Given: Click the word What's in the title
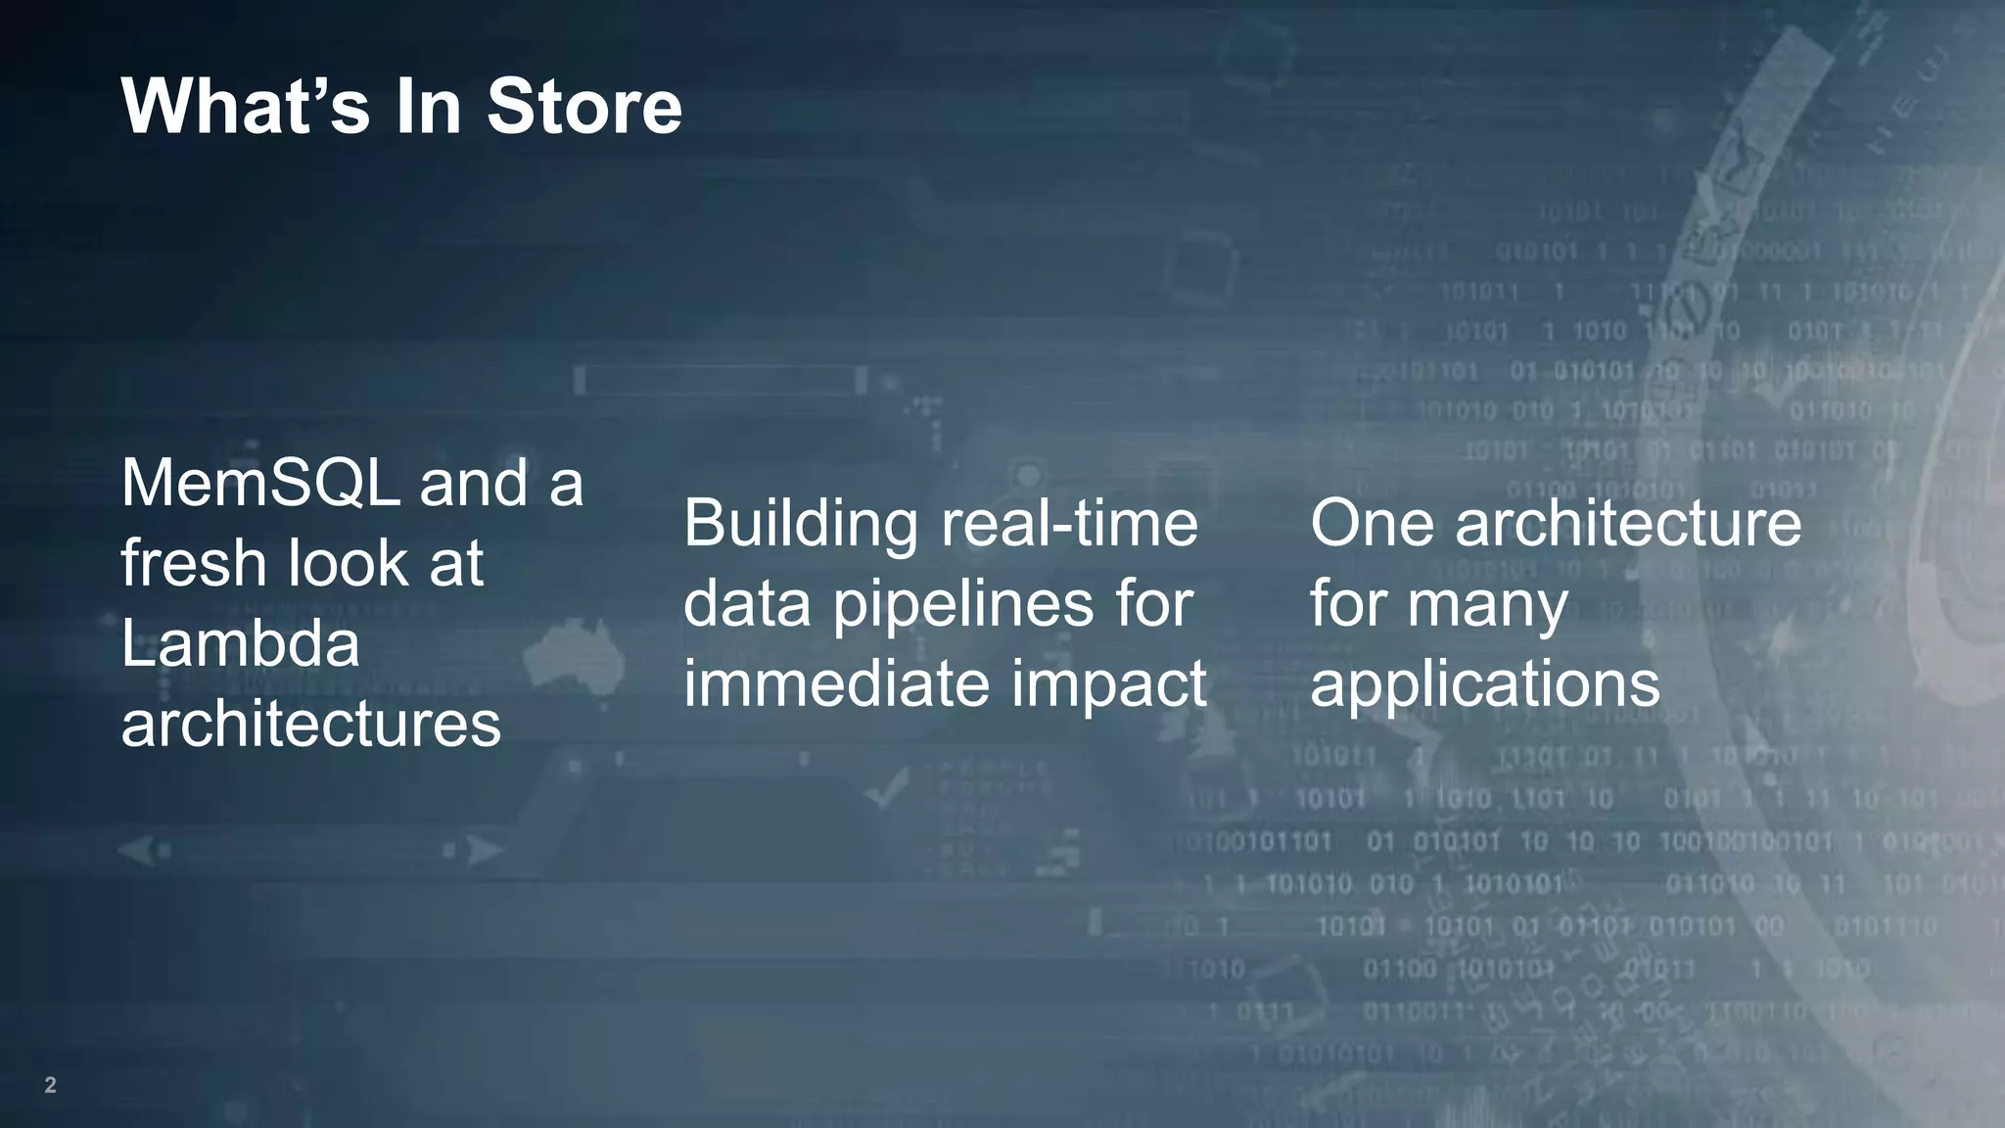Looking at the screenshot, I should [x=245, y=106].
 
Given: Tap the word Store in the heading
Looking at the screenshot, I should [x=583, y=106].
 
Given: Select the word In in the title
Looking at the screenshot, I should [x=428, y=106].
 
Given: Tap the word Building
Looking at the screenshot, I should [x=802, y=523].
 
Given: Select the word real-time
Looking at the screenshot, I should [x=1069, y=523].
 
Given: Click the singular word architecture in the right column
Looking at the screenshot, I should [x=1628, y=523].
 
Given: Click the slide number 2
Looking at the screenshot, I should [x=50, y=1085].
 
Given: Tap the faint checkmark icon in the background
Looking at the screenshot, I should [x=888, y=788].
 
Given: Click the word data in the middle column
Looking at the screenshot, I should [x=746, y=603].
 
